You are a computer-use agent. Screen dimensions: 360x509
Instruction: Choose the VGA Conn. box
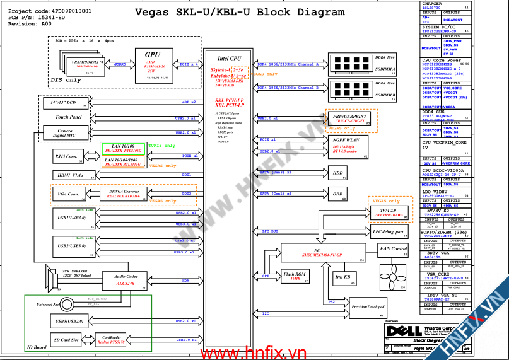point(69,194)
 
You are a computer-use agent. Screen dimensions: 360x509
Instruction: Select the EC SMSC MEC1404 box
point(322,253)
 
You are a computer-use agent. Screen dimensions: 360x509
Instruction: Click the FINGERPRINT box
point(350,119)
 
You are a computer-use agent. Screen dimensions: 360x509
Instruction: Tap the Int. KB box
point(342,277)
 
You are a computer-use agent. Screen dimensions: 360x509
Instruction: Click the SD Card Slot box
point(66,340)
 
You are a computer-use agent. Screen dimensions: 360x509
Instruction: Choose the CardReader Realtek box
point(112,340)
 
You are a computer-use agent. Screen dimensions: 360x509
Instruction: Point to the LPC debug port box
point(389,232)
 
